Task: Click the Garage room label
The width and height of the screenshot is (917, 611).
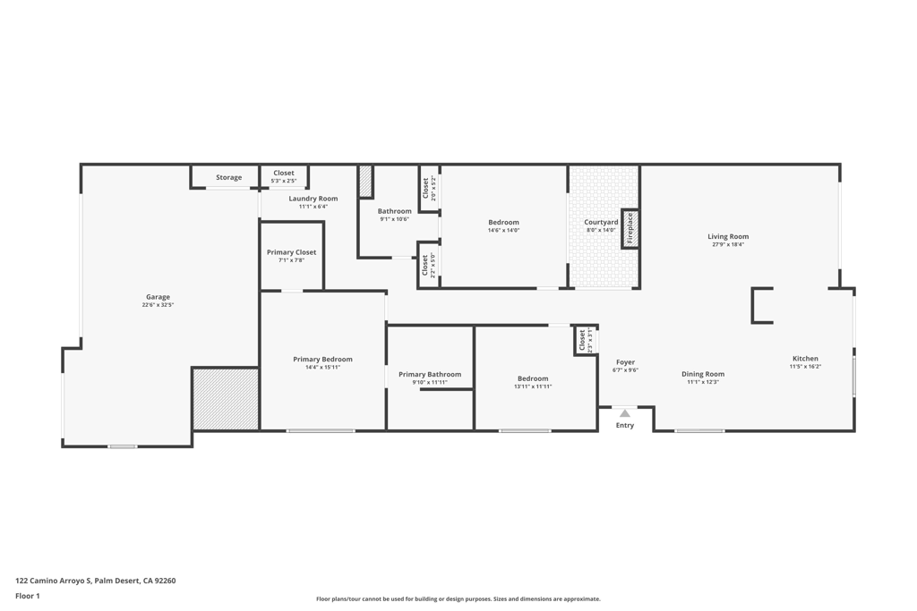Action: (x=158, y=297)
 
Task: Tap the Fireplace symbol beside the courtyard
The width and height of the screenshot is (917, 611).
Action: (x=630, y=228)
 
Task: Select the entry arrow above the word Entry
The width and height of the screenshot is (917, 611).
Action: (x=625, y=413)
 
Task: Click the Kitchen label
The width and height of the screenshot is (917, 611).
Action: (x=804, y=359)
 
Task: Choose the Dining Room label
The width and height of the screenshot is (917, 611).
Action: (x=703, y=374)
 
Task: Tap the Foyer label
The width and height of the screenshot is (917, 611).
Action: (x=625, y=362)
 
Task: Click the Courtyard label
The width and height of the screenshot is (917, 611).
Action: (x=601, y=222)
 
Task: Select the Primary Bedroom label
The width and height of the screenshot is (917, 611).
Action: (x=322, y=359)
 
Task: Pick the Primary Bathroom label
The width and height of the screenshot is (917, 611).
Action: (x=430, y=374)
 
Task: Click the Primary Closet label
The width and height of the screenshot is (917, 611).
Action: (x=291, y=252)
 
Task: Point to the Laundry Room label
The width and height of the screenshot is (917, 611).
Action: (x=313, y=199)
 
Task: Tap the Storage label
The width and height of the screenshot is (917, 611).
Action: (x=228, y=177)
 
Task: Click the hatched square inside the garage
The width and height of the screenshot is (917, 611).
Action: (x=226, y=398)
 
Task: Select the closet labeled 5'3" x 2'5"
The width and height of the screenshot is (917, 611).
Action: (x=284, y=176)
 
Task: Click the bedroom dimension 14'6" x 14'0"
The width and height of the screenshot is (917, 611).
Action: (x=503, y=230)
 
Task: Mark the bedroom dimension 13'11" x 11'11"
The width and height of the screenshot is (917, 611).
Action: (x=533, y=386)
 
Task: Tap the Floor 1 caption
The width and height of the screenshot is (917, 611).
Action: (x=28, y=596)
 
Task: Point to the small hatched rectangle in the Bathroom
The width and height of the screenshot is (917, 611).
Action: (x=365, y=181)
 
